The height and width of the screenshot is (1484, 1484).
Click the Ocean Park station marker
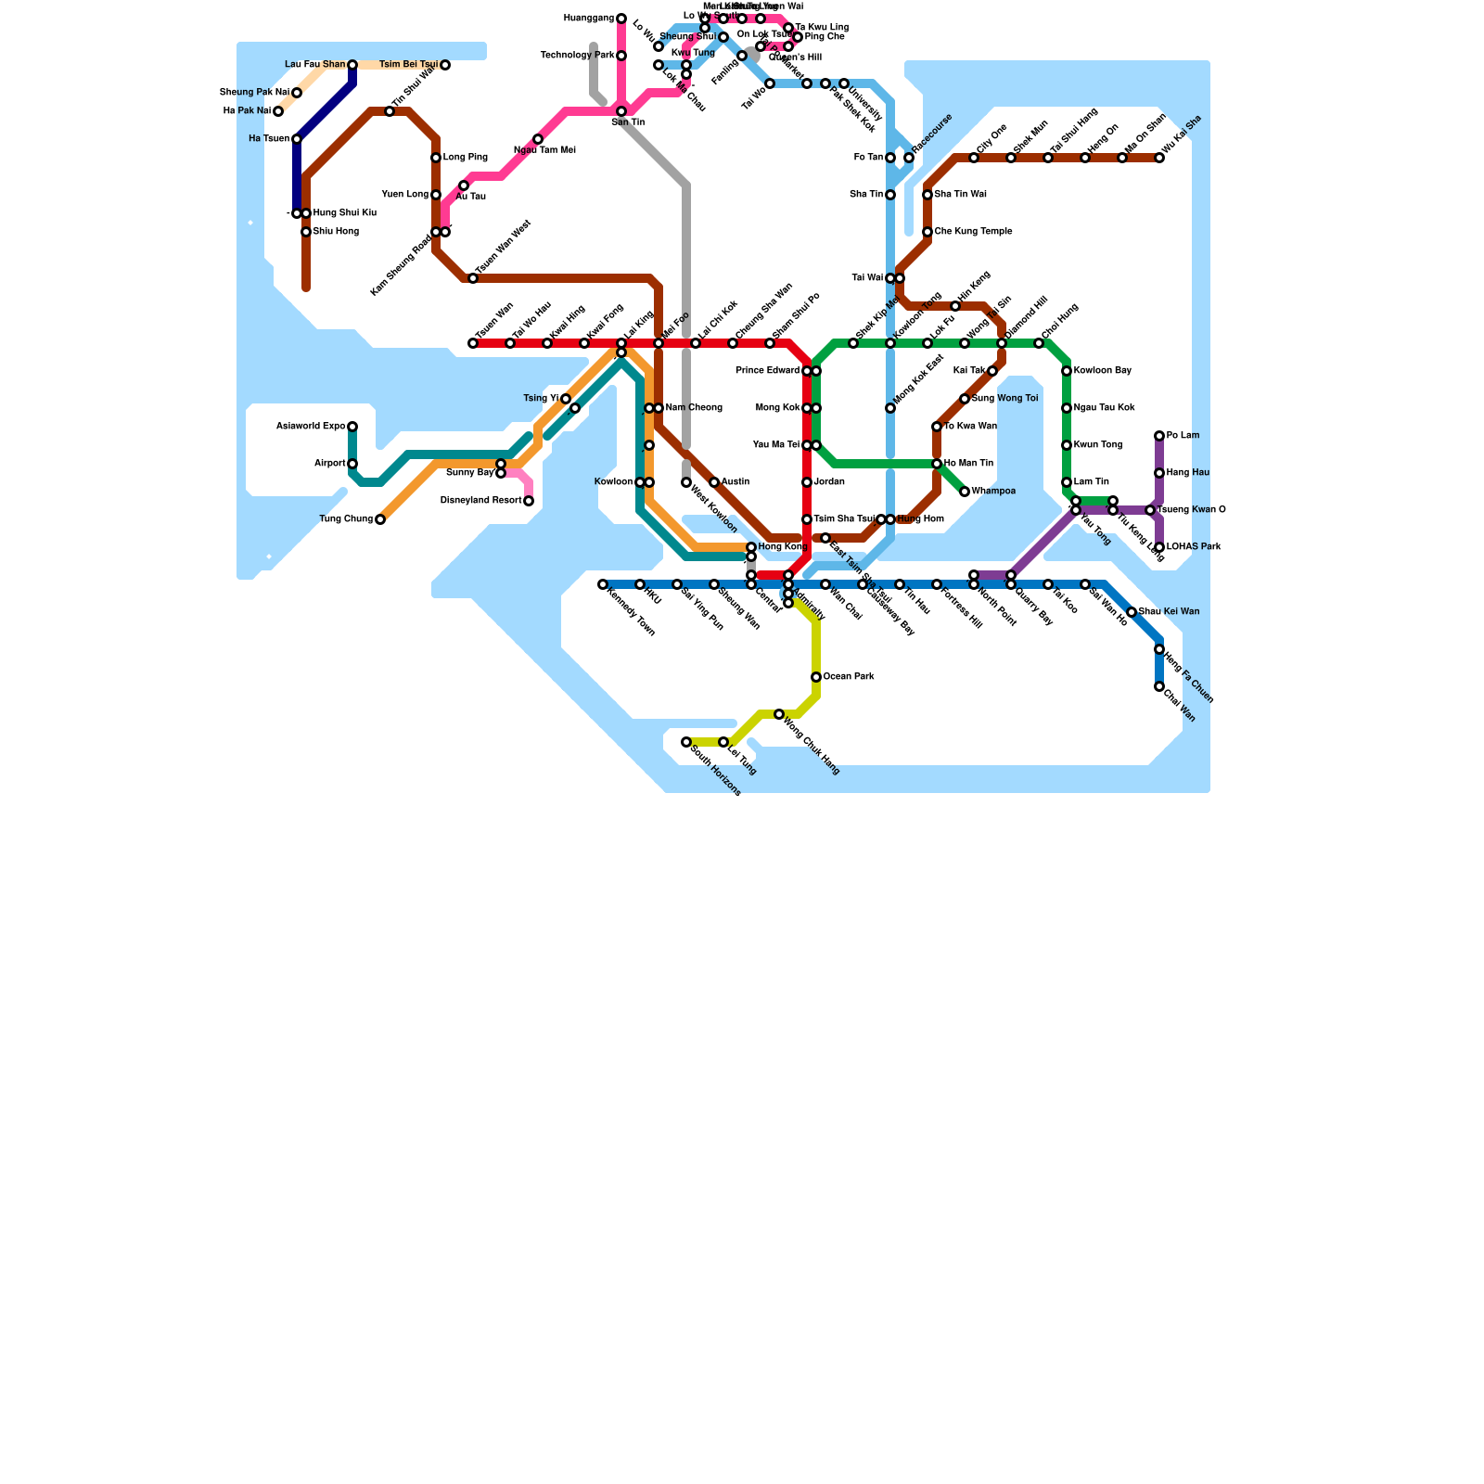816,677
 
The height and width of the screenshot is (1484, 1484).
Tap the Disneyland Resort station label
480,501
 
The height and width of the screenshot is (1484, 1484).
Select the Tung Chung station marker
380,519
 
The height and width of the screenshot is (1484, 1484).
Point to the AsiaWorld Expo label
311,427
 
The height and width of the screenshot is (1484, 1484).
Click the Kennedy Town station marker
603,584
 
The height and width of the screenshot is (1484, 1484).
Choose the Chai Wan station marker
1159,686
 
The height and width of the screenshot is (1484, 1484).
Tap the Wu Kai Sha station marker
1159,158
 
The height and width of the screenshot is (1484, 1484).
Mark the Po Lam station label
1183,436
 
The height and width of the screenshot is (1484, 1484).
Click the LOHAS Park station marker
1159,547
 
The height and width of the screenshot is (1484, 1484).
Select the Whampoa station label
993,492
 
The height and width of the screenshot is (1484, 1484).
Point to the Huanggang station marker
621,19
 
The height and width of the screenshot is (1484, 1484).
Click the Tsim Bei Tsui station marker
445,65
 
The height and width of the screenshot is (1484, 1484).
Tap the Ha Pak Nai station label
246,111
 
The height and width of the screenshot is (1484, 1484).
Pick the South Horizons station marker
686,742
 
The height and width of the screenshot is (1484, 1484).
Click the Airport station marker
352,464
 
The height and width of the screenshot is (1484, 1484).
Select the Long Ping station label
465,158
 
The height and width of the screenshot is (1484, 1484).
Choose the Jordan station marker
807,482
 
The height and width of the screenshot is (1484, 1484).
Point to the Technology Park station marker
621,56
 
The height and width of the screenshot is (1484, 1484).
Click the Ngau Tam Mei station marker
538,139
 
